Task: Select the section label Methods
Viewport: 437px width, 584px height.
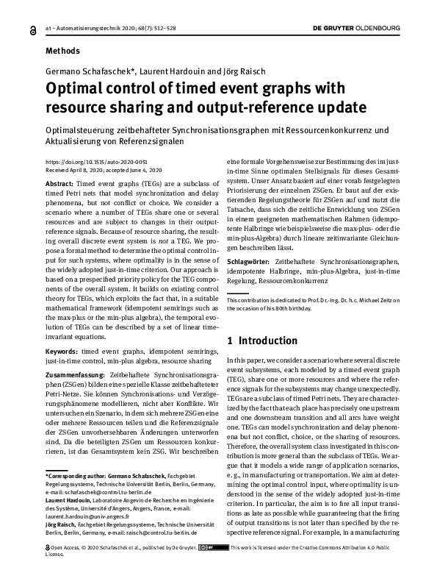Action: [x=63, y=51]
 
